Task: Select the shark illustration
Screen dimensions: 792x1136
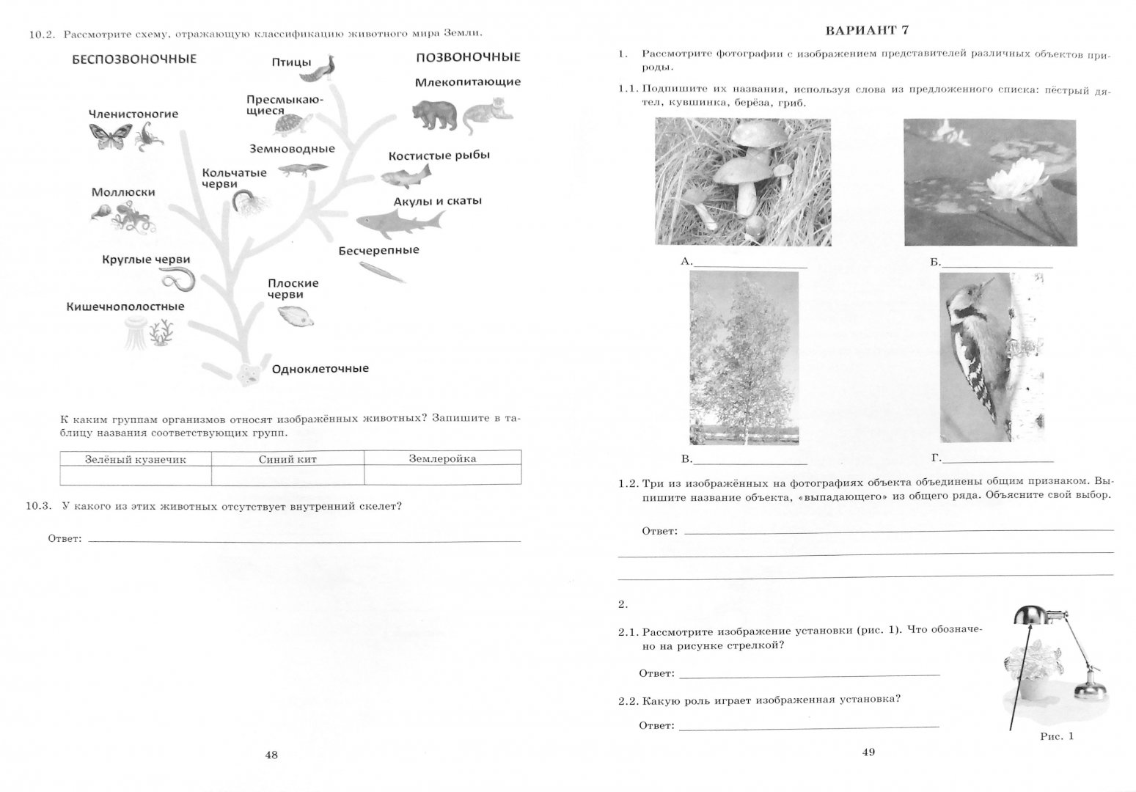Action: [400, 221]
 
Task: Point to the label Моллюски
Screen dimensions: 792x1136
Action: [123, 192]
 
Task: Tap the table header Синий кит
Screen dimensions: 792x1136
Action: [287, 459]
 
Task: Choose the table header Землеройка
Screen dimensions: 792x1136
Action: [442, 459]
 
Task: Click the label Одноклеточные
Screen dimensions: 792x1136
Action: [320, 369]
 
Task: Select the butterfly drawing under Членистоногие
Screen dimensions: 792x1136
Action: [105, 137]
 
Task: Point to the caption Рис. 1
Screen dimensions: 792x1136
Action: [1056, 736]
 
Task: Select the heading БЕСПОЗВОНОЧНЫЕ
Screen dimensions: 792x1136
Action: [134, 59]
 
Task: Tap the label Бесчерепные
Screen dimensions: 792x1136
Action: [378, 250]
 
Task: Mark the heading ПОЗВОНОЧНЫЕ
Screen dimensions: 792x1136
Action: [468, 57]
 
